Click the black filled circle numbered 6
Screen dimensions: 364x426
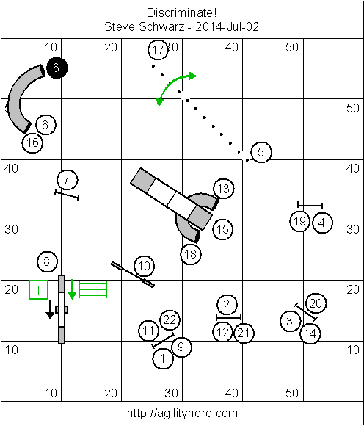57,68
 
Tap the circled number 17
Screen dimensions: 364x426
159,50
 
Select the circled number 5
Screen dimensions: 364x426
261,152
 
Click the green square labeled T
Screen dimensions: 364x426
39,290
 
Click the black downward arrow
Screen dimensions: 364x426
50,309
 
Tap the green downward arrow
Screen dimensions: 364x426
72,289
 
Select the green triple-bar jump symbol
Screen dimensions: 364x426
92,289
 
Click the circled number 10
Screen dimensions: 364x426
144,266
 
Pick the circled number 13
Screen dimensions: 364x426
224,189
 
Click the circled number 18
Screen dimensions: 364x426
191,254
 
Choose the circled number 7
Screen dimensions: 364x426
68,180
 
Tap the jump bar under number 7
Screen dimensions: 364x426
67,195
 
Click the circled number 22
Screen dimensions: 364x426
170,320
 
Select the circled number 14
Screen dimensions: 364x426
310,333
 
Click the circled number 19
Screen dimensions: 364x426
300,221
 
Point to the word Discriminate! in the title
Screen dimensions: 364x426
181,12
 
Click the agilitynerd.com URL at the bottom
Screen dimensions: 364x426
182,414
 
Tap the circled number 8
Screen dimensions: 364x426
47,262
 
